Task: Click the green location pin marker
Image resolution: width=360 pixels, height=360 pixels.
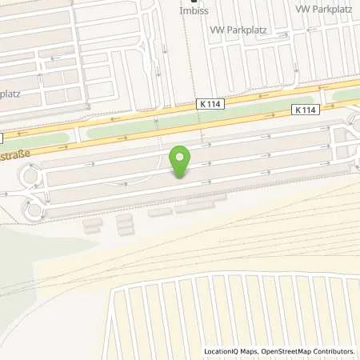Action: [181, 162]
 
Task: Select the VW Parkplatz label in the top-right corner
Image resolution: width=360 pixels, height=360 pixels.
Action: [324, 8]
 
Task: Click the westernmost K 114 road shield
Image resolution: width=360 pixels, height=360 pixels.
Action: [210, 104]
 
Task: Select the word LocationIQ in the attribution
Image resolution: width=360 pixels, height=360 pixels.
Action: [224, 351]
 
